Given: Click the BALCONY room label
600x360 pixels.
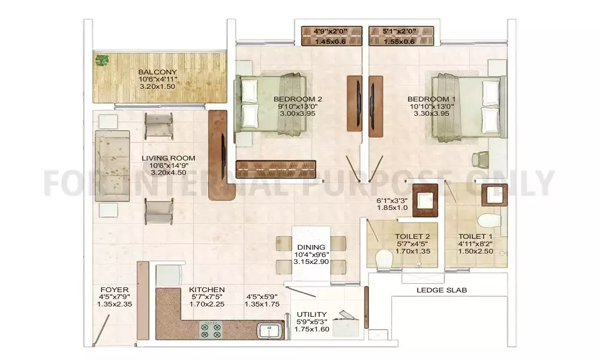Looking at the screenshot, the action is click(157, 72).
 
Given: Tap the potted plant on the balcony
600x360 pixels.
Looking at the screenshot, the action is click(102, 61).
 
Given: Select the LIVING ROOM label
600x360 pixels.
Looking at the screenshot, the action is click(169, 158).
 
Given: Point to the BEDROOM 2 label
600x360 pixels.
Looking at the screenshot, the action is click(298, 99).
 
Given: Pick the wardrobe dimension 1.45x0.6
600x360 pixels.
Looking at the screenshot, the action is click(330, 42).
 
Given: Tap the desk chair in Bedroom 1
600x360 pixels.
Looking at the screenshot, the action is click(480, 159).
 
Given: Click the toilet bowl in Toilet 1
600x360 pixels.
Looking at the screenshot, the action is click(490, 221).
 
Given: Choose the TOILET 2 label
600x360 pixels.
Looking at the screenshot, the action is click(412, 236).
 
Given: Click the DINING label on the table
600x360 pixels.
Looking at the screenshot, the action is click(311, 247).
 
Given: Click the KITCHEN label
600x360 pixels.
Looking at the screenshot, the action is click(206, 290).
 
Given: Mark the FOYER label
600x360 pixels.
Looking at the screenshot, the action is click(115, 290).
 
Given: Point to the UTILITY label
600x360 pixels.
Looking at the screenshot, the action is click(312, 314).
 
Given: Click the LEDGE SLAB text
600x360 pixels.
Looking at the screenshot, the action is click(442, 290).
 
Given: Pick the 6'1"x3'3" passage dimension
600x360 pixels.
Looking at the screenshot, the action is click(392, 200).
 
